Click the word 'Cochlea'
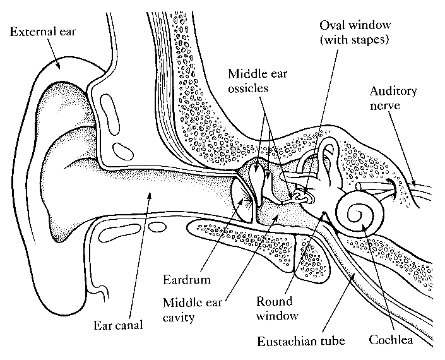tap(391, 341)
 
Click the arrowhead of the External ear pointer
tap(61, 68)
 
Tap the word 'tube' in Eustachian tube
tap(331, 342)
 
